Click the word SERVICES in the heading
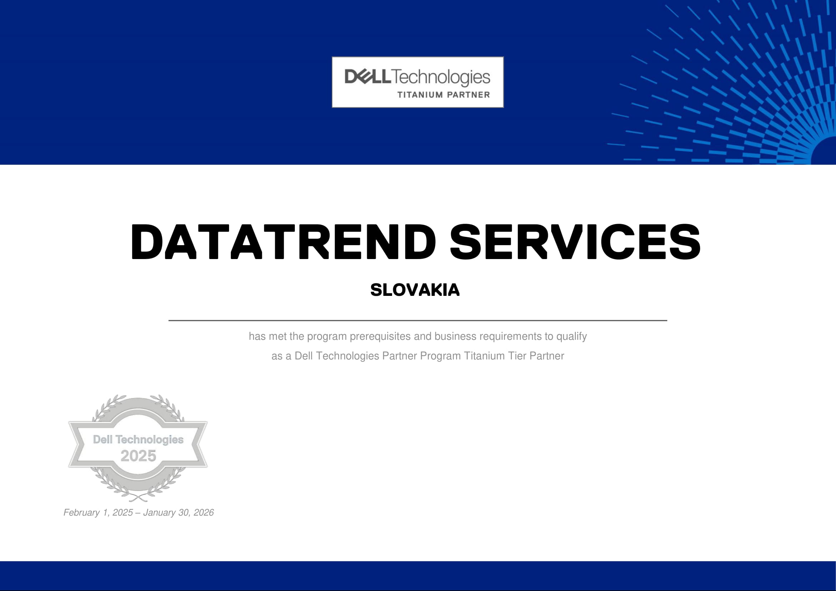575,242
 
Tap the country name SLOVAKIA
415,290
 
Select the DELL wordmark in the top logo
368,76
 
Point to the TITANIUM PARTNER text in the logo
444,95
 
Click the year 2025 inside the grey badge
138,456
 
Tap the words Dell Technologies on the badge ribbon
138,439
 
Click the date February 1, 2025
98,513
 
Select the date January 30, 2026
178,513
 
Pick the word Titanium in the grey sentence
485,356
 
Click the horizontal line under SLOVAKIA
417,321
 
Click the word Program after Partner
441,356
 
